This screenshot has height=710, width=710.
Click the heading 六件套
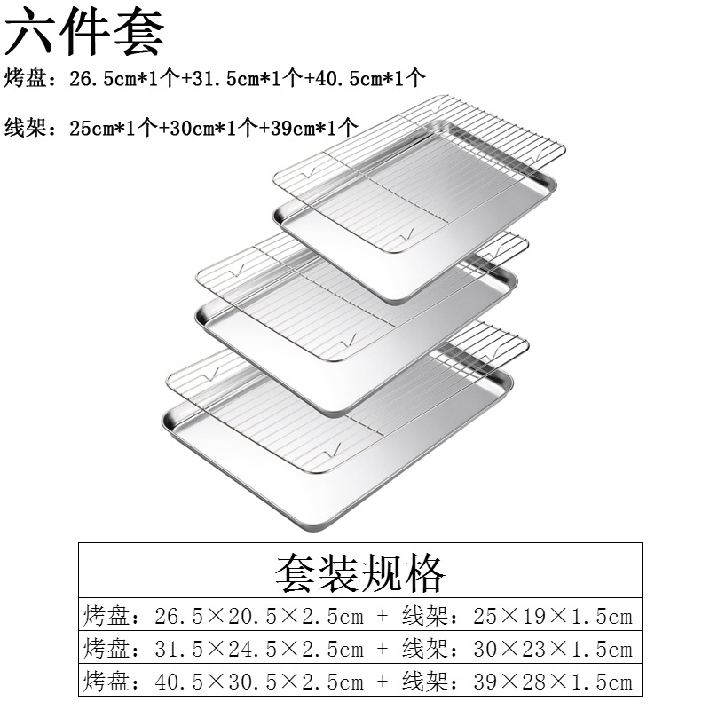click(85, 32)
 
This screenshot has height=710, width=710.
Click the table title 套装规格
click(359, 572)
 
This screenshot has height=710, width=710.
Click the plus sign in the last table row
click(383, 682)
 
